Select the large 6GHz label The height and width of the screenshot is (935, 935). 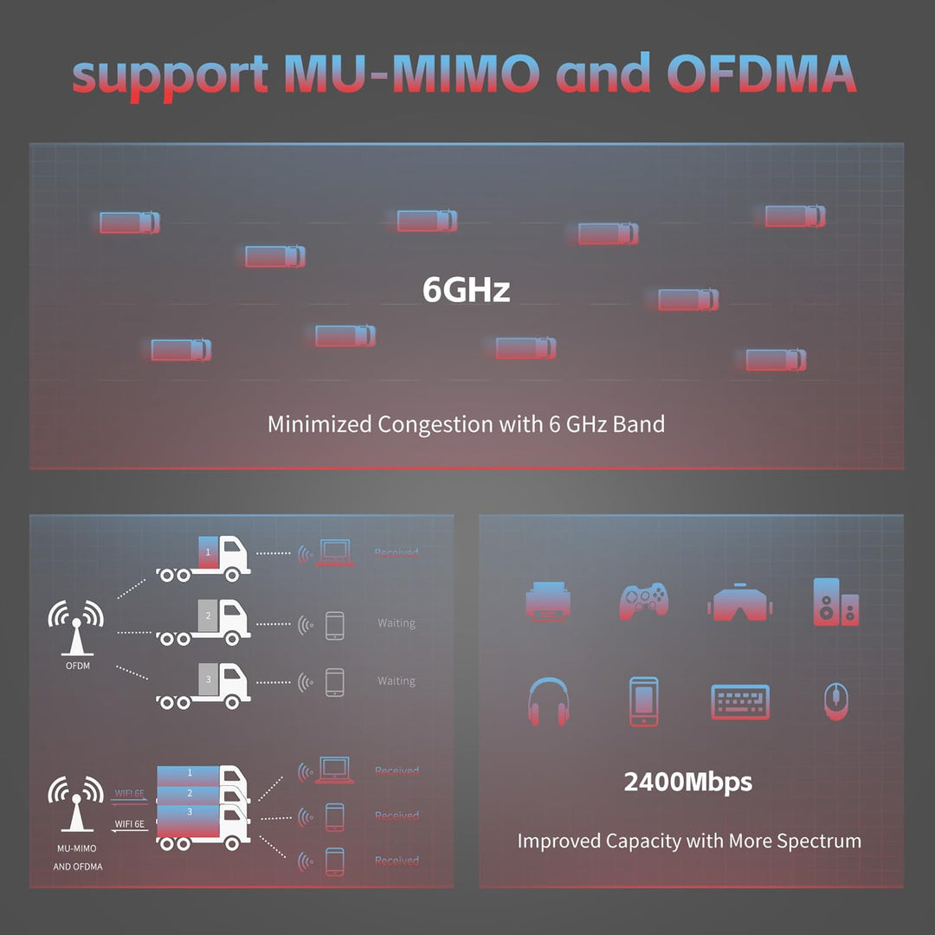tap(466, 289)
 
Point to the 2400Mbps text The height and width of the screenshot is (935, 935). tap(687, 783)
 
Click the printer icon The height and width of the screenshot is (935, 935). tap(547, 602)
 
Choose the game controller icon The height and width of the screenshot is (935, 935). tap(642, 602)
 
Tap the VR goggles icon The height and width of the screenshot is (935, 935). tap(738, 602)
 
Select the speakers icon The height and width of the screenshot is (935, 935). tap(835, 602)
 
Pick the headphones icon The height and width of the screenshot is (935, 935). tap(547, 701)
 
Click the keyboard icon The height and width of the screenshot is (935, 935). tap(740, 701)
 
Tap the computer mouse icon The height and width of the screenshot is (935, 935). tap(834, 701)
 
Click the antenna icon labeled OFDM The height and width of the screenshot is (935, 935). tap(76, 629)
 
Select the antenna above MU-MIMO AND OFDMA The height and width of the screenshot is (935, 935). tap(76, 801)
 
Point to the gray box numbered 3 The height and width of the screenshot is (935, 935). tap(208, 680)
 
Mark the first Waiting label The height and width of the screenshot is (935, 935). tap(397, 623)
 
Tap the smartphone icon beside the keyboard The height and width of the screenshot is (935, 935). tap(643, 701)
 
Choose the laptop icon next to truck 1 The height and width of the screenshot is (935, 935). tap(335, 552)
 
